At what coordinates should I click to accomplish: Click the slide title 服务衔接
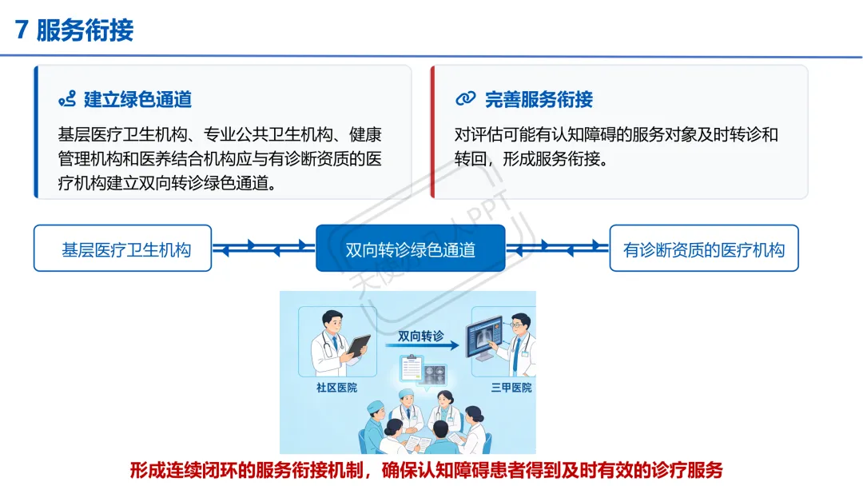tap(85, 30)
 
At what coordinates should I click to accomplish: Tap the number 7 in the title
tap(22, 30)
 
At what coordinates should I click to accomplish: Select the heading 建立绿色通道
tap(137, 100)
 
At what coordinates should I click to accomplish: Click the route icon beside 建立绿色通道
tap(67, 100)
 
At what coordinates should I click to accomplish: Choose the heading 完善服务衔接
tap(539, 100)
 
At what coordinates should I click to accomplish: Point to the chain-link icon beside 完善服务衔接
tap(466, 99)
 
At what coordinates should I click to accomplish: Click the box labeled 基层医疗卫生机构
tap(123, 249)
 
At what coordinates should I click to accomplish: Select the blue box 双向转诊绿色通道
tap(411, 249)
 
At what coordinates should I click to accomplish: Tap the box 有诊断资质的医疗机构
tap(704, 249)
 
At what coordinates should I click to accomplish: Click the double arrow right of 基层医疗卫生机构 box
tap(264, 249)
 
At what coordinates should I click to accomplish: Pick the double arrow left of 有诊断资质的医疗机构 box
tap(558, 249)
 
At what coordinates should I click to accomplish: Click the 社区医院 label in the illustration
tap(337, 388)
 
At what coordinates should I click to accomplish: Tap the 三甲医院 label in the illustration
tap(511, 388)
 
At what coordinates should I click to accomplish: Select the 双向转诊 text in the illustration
tap(421, 336)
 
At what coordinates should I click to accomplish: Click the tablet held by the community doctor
tap(358, 345)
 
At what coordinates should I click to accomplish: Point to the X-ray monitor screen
tap(484, 336)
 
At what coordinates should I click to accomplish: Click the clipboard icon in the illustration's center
tap(412, 368)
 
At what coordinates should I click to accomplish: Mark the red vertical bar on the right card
tap(432, 132)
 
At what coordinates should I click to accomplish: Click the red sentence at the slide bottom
tap(426, 471)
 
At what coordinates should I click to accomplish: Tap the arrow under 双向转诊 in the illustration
tap(422, 345)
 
